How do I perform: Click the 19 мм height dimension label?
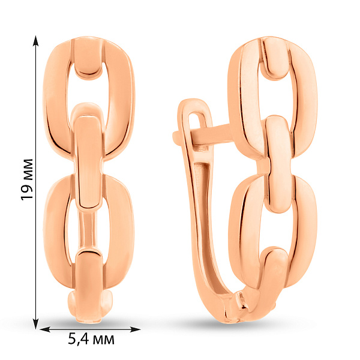click(27, 179)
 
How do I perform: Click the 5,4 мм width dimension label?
click(91, 339)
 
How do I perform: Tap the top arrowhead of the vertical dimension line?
click(35, 41)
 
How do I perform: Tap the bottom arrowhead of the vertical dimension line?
click(35, 323)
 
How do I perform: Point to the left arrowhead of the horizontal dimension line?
click(45, 329)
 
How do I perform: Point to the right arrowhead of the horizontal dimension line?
click(135, 329)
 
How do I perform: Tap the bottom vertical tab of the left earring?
click(89, 287)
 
